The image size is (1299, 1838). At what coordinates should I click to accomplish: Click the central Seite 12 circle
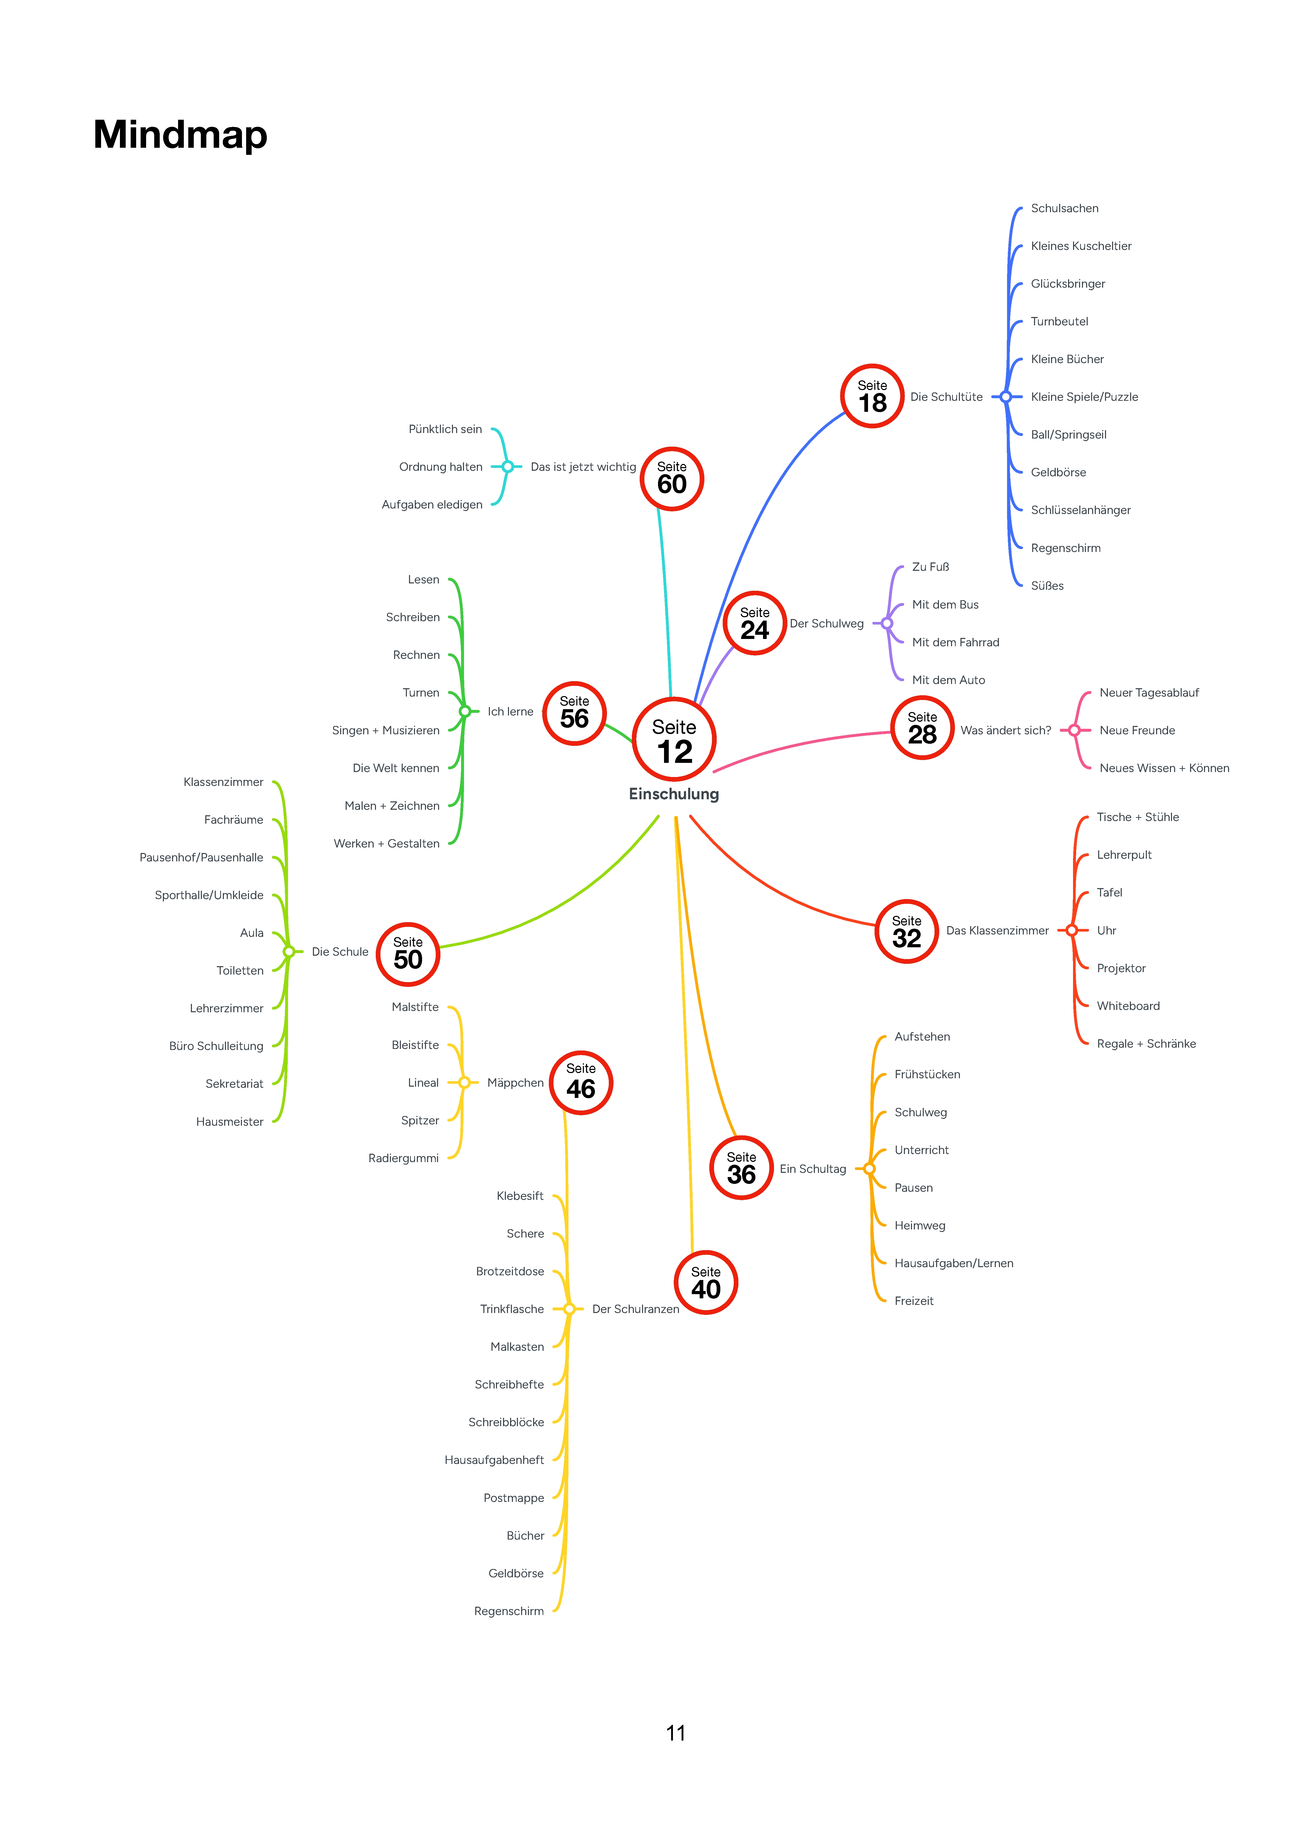(x=674, y=739)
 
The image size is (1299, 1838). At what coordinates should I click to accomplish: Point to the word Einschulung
(x=674, y=794)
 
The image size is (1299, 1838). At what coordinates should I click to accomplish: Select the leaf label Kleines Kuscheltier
(x=1081, y=246)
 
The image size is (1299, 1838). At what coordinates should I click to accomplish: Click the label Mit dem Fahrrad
(x=956, y=642)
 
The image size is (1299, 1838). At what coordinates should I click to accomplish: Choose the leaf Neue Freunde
(x=1137, y=730)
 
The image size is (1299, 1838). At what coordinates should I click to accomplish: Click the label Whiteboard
(x=1128, y=1005)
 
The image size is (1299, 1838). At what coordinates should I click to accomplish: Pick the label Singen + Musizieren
(x=386, y=730)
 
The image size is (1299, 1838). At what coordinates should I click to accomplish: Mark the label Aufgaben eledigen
(x=432, y=504)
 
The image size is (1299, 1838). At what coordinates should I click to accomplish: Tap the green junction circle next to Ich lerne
(x=464, y=711)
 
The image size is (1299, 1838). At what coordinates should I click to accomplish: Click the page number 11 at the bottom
(x=676, y=1733)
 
